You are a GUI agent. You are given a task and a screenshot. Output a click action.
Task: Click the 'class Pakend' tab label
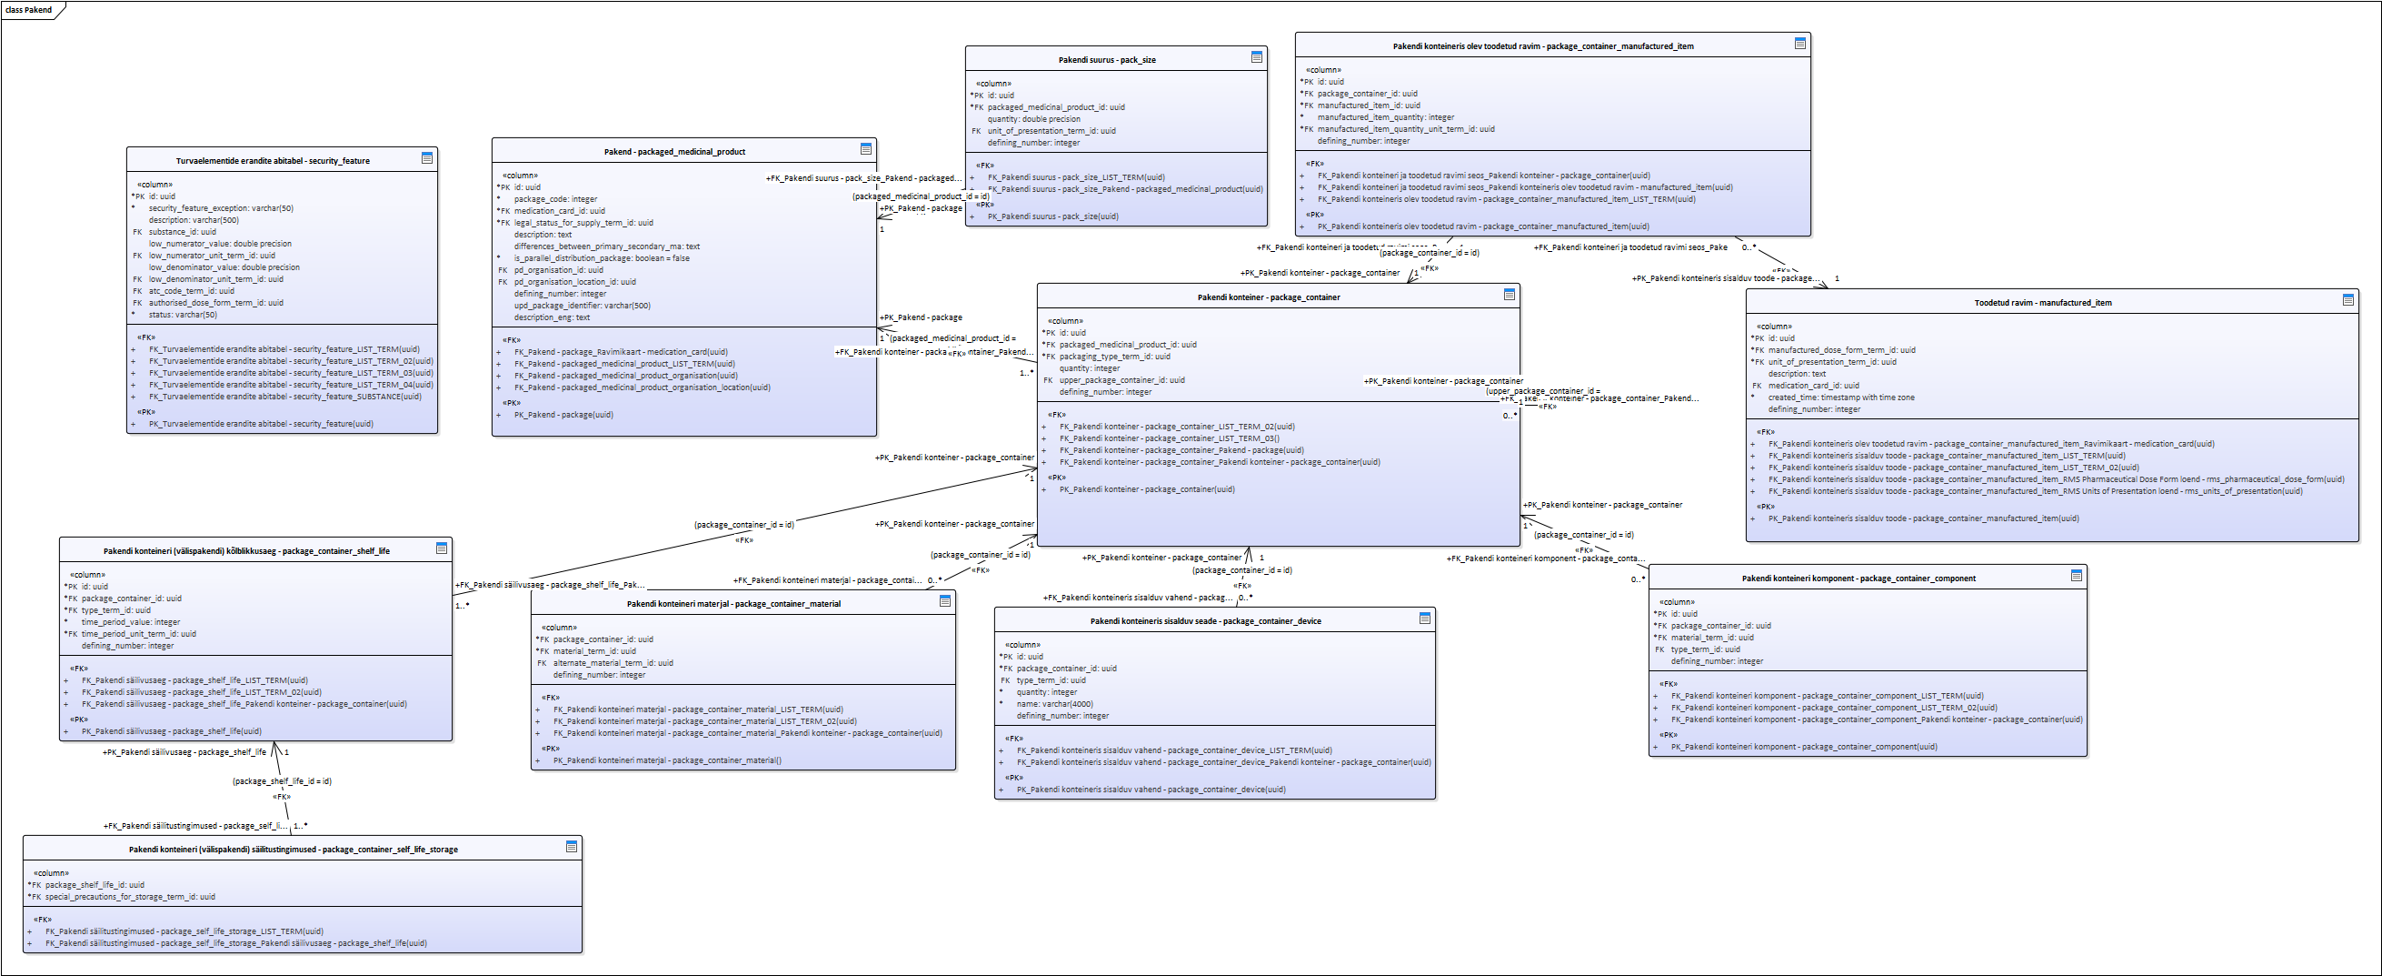point(29,10)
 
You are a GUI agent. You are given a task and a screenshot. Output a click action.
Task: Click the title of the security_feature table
point(273,161)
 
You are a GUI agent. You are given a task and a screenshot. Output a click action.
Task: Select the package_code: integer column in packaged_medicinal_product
point(554,199)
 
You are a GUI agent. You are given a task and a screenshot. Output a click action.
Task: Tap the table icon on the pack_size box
point(1256,57)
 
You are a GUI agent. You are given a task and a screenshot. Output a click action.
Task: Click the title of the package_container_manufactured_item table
point(1542,46)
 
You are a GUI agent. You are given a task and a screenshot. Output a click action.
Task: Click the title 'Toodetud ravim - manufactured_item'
point(2042,303)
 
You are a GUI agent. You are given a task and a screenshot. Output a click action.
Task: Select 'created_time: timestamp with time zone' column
point(1840,397)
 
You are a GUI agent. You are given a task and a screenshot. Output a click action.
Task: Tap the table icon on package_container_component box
point(2076,576)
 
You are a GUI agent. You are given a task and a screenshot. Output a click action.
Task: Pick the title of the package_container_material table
point(733,604)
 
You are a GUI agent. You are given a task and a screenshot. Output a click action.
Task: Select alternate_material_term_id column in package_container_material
point(613,663)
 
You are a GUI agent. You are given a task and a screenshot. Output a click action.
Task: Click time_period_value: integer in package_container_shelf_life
point(130,622)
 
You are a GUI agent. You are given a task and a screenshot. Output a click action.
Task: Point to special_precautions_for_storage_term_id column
point(129,897)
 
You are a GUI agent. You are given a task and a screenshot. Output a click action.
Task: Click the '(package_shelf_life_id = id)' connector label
point(281,781)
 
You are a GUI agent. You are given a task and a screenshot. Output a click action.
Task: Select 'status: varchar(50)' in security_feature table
point(182,315)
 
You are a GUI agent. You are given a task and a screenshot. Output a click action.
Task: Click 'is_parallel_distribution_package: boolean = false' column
point(601,258)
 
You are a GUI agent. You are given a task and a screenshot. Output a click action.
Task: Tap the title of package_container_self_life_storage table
point(294,850)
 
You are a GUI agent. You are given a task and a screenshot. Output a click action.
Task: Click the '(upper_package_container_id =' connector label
point(1542,391)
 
